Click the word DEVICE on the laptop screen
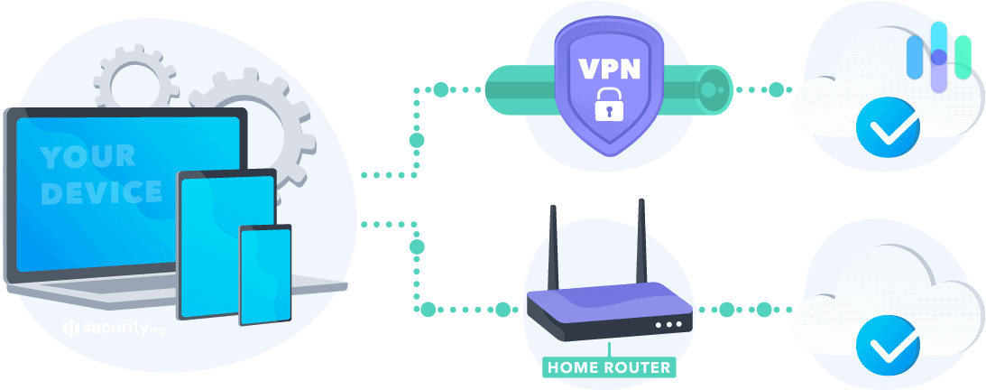click(102, 192)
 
